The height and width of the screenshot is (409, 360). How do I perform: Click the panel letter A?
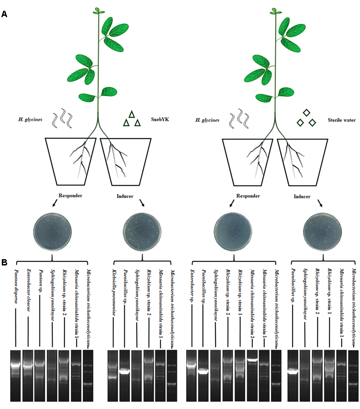[x=4, y=14]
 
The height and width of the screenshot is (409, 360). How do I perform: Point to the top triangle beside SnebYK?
[x=132, y=114]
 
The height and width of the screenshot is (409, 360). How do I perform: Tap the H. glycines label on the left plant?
[x=32, y=120]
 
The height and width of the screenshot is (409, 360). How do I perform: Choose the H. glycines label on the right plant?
[x=207, y=120]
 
